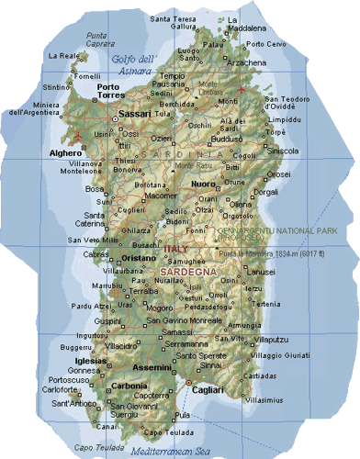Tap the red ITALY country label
point(174,249)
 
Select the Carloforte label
point(60,387)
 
